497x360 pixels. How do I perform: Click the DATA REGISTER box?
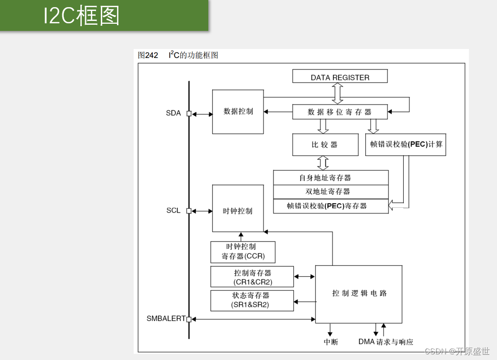click(340, 77)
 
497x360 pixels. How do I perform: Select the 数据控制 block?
click(238, 112)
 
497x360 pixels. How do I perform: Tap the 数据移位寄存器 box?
click(340, 112)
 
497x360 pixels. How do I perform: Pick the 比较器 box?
click(325, 145)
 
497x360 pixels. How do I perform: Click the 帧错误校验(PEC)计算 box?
click(406, 145)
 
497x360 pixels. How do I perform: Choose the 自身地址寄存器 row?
click(331, 178)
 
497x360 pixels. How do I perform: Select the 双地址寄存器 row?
click(331, 192)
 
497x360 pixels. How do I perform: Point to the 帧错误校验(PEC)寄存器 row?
click(331, 206)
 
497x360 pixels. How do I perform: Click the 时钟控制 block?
click(238, 211)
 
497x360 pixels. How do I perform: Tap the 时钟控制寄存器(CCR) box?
click(243, 252)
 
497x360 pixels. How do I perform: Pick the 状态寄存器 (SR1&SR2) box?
click(252, 301)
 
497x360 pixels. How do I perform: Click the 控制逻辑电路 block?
click(359, 293)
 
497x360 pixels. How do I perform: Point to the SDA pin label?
click(173, 113)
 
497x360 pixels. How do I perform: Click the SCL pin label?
click(173, 211)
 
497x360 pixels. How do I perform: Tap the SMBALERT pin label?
click(166, 319)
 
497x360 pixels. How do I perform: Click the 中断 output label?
click(331, 342)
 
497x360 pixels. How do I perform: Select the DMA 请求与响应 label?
click(386, 342)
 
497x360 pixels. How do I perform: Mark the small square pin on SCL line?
click(189, 211)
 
